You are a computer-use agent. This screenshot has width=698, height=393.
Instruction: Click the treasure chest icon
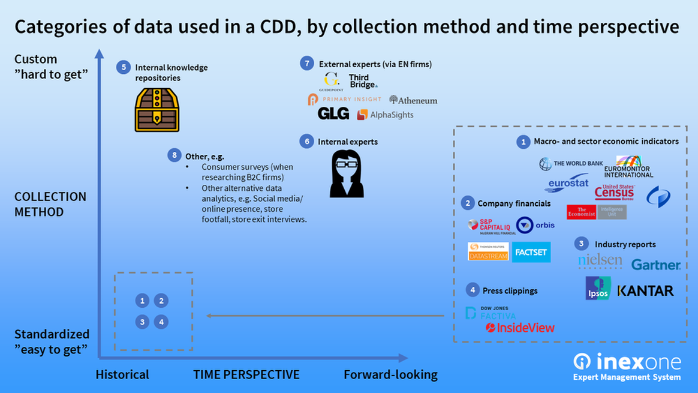(157, 110)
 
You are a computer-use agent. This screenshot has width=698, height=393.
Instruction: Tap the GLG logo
(333, 113)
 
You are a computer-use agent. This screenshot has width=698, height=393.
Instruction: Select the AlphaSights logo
(385, 115)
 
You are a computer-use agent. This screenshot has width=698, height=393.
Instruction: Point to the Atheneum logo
(413, 100)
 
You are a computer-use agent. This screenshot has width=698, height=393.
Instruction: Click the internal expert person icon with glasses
(347, 173)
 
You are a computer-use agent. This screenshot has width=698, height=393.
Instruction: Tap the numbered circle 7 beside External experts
(307, 64)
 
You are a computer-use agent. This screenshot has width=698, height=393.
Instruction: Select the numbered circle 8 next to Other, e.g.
(174, 155)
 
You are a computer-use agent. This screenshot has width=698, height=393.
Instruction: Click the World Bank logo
(571, 163)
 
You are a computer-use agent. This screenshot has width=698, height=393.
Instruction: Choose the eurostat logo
(567, 184)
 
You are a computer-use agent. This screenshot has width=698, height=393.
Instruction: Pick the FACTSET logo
(531, 252)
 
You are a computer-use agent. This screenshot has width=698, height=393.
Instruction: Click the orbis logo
(535, 225)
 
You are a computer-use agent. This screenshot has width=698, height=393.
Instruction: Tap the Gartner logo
(655, 265)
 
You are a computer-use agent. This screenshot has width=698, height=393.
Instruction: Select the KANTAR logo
(645, 290)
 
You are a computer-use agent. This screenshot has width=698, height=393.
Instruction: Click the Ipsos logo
(598, 288)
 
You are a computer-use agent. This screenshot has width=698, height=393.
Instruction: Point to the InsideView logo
(520, 328)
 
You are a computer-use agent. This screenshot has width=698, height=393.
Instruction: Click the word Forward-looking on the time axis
(390, 375)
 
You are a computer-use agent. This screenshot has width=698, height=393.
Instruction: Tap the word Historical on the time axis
(122, 375)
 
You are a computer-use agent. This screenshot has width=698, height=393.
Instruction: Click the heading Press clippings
(510, 290)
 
